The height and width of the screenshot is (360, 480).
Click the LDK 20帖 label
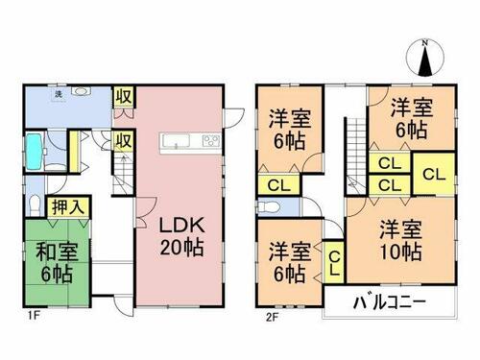(181, 236)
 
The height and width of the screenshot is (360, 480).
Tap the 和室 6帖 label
(57, 262)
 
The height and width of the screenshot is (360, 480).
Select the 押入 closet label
(68, 207)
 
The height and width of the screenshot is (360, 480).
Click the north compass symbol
(425, 59)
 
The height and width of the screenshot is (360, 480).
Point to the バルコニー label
(390, 301)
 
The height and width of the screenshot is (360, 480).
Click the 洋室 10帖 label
(400, 240)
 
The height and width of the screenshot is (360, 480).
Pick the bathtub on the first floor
(34, 152)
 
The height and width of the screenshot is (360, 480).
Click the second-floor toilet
(268, 207)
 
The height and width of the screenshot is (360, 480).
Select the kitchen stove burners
(211, 141)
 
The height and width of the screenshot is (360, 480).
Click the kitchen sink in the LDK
(177, 141)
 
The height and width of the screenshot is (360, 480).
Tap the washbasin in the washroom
(80, 91)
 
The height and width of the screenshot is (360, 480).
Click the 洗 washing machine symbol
(59, 94)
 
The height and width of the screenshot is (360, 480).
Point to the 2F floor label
(273, 317)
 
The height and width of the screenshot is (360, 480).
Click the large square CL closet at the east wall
(434, 174)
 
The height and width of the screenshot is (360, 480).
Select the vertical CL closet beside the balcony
(334, 262)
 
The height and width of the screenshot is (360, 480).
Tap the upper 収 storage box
(124, 97)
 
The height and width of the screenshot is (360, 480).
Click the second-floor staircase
(356, 156)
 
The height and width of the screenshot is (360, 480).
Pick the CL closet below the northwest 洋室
(279, 184)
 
